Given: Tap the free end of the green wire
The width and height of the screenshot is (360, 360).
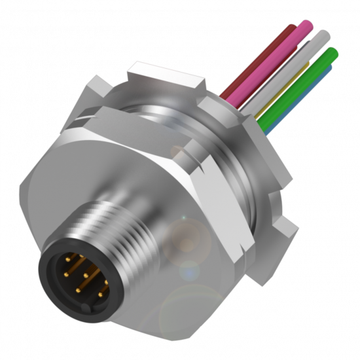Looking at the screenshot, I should click(333, 52).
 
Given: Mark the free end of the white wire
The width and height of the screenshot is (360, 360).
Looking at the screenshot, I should click(322, 34).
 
